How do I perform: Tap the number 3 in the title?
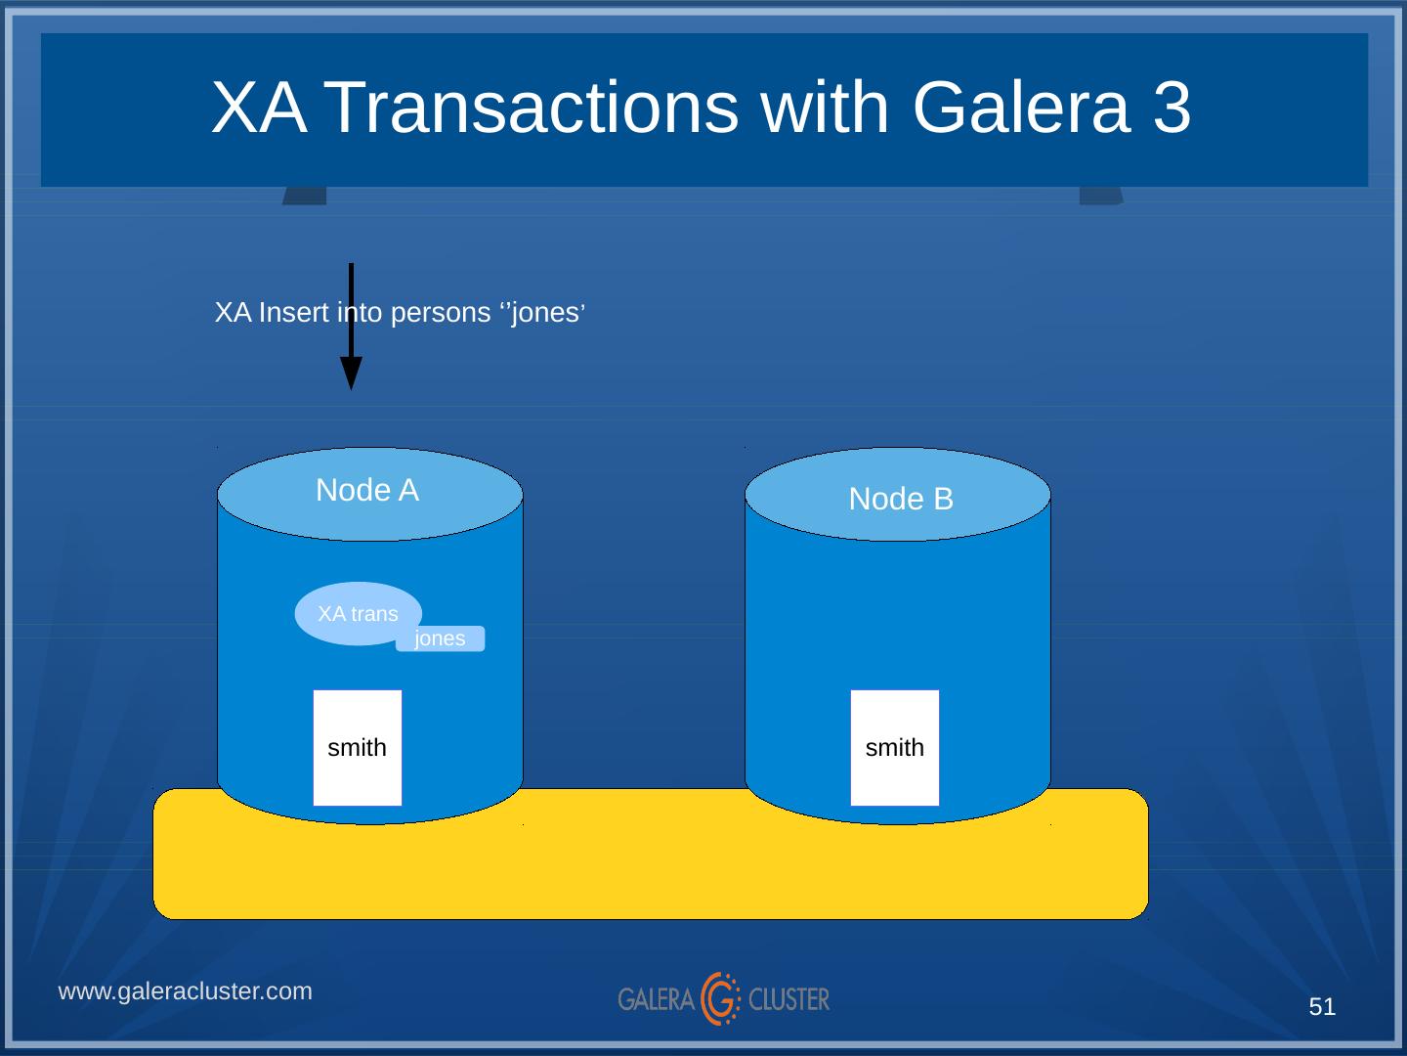1172,108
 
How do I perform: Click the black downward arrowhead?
351,373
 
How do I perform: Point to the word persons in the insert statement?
440,313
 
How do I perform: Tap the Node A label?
367,491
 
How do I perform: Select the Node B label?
901,500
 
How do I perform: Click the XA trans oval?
358,614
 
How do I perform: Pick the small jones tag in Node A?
440,638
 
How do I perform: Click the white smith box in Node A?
358,748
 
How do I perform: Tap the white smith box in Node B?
895,748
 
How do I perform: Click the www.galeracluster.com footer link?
186,991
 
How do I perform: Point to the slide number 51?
1322,1007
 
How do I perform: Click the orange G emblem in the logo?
722,998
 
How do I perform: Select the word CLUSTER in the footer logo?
789,999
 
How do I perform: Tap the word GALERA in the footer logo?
656,999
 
